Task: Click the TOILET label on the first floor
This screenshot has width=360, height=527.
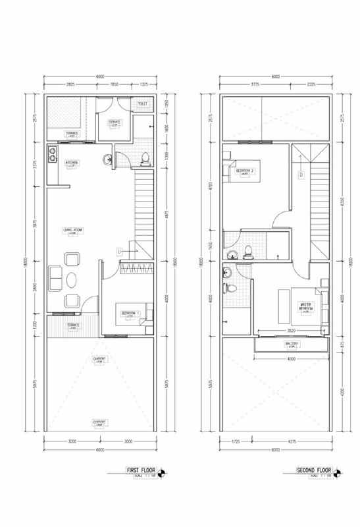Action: (142, 104)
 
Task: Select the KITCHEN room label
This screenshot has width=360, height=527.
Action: (72, 162)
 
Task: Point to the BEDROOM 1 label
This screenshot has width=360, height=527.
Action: (129, 312)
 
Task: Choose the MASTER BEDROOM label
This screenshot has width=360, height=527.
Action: (305, 306)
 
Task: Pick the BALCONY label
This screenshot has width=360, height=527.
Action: (291, 345)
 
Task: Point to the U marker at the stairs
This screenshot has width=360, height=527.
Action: (118, 251)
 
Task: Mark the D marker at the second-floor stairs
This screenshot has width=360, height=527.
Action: (300, 175)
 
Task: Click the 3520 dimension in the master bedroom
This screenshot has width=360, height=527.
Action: (290, 329)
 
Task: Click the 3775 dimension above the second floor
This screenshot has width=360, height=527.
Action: (253, 84)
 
